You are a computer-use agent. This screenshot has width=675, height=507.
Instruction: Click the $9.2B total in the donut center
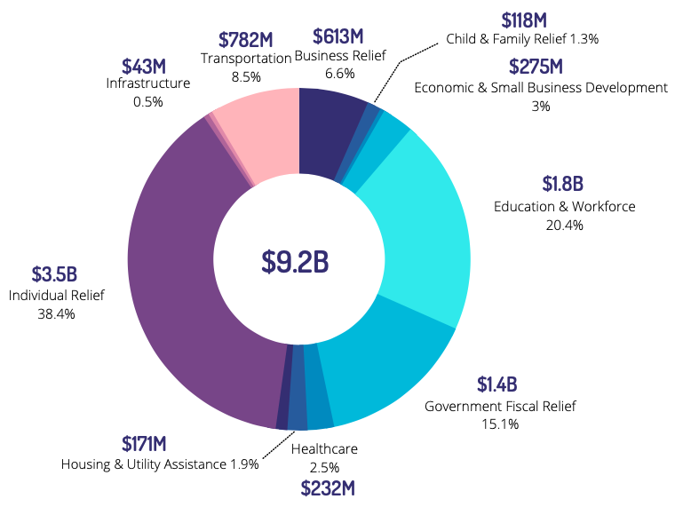point(295,260)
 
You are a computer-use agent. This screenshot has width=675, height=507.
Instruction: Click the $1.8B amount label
point(562,184)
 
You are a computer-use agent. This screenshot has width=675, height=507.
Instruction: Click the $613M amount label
point(337,36)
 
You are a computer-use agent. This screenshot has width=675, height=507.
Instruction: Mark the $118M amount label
point(526,20)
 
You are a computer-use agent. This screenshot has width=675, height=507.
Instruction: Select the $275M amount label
point(536,67)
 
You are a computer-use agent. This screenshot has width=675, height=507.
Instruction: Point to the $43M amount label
point(145,66)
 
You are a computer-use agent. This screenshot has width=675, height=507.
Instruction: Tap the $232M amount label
point(327,487)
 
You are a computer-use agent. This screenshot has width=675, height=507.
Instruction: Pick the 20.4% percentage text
point(564,225)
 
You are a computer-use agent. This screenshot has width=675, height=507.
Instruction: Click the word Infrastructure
point(147,83)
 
